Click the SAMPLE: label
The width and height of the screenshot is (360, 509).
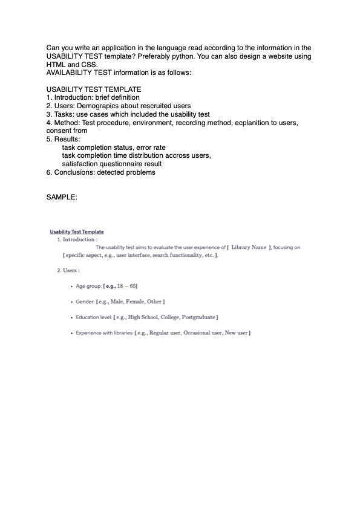click(x=62, y=197)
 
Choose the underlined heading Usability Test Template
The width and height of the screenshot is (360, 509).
click(x=77, y=232)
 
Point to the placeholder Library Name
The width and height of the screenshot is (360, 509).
click(x=249, y=247)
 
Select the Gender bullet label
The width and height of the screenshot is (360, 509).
click(x=85, y=301)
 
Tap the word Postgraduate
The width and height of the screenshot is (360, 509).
click(x=198, y=317)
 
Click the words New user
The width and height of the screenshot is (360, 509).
click(x=237, y=333)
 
